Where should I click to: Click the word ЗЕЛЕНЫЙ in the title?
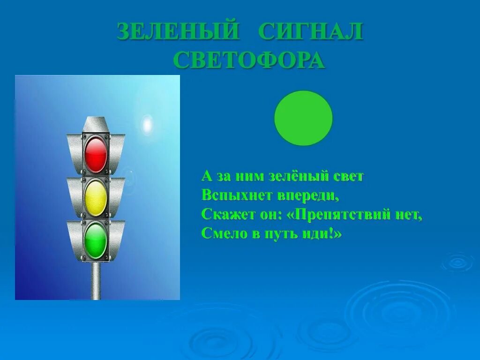point(178,31)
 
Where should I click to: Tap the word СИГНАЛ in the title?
point(311,31)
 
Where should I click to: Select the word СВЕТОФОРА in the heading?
point(249,60)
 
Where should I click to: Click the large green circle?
point(303,118)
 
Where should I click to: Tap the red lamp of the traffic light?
point(96,154)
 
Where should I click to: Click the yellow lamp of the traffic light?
point(96,198)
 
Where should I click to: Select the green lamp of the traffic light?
point(96,240)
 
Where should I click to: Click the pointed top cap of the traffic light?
point(96,124)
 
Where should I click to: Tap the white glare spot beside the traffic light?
point(147,124)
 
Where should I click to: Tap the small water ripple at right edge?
point(457,262)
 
